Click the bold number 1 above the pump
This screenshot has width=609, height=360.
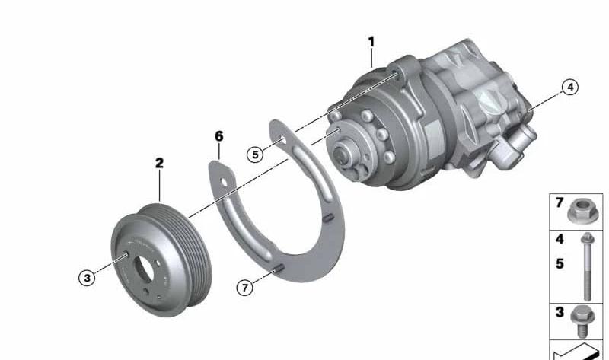tap(371, 42)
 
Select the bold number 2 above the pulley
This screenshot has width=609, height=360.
tap(159, 163)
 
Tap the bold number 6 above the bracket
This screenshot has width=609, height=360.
tap(219, 136)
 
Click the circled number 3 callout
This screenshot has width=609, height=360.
tap(87, 278)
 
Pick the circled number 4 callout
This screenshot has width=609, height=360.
tap(570, 87)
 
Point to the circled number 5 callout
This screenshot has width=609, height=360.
tap(255, 155)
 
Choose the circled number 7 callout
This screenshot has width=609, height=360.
tap(244, 288)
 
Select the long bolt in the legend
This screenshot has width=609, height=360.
tap(586, 266)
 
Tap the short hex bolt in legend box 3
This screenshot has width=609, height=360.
tap(582, 321)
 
